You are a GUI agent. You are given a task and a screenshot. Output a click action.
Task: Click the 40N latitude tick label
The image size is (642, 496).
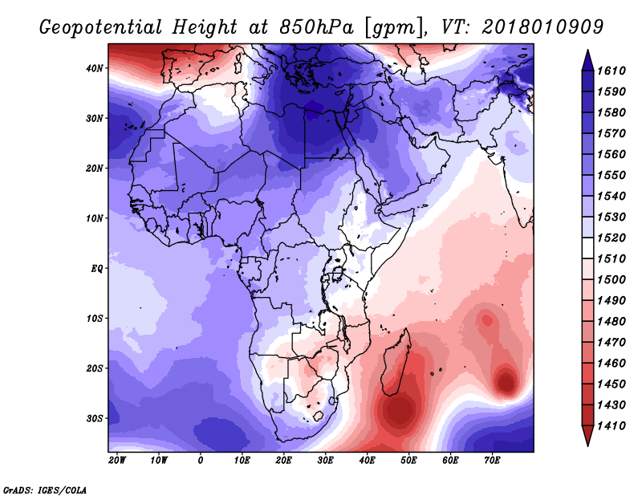(x=94, y=68)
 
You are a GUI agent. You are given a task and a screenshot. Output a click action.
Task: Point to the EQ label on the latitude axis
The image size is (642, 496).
(x=96, y=269)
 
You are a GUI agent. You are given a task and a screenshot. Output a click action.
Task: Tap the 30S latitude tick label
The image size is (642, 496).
(x=94, y=419)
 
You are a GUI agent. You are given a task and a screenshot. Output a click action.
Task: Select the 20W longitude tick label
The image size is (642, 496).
(x=117, y=461)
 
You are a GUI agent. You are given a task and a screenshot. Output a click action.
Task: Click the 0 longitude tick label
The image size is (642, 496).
(x=200, y=461)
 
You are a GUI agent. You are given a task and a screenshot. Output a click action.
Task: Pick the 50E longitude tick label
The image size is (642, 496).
(x=408, y=461)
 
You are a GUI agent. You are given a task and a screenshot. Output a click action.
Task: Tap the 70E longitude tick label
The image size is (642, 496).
(x=492, y=461)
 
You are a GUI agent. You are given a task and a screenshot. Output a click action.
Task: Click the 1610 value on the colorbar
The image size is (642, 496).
(x=612, y=71)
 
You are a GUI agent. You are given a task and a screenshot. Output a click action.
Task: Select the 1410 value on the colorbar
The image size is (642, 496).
(x=612, y=426)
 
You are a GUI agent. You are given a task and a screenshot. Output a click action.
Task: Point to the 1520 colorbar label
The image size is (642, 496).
(x=612, y=238)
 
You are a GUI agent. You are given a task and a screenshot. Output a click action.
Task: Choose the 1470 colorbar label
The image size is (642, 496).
(x=612, y=343)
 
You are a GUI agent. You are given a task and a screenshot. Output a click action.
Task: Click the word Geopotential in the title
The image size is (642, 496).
(x=101, y=27)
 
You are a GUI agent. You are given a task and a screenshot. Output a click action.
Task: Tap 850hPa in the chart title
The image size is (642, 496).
(x=316, y=27)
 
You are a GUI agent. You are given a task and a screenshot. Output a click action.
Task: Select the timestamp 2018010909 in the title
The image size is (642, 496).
(x=543, y=27)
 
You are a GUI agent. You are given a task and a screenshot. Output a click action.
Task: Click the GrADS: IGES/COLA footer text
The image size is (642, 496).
(x=45, y=490)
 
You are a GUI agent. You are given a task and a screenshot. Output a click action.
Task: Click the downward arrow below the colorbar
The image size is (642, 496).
(x=587, y=436)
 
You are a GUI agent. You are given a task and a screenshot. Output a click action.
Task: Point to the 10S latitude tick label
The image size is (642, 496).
(x=94, y=319)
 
